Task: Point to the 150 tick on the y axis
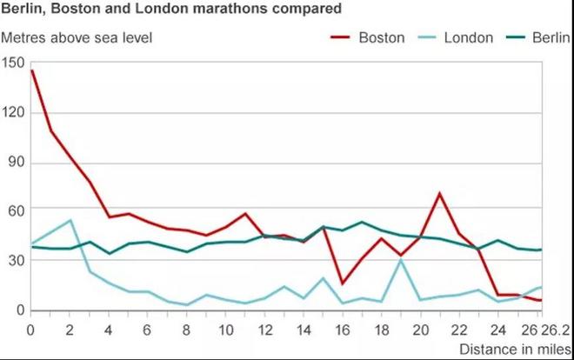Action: coord(14,63)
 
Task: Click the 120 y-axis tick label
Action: coord(14,113)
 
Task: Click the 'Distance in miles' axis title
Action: coord(517,349)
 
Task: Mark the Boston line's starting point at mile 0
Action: coord(31,70)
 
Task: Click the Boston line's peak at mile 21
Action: coord(440,193)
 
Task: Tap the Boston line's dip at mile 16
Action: coord(342,283)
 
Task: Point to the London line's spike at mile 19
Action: coord(401,260)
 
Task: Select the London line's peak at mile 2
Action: coord(70,220)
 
